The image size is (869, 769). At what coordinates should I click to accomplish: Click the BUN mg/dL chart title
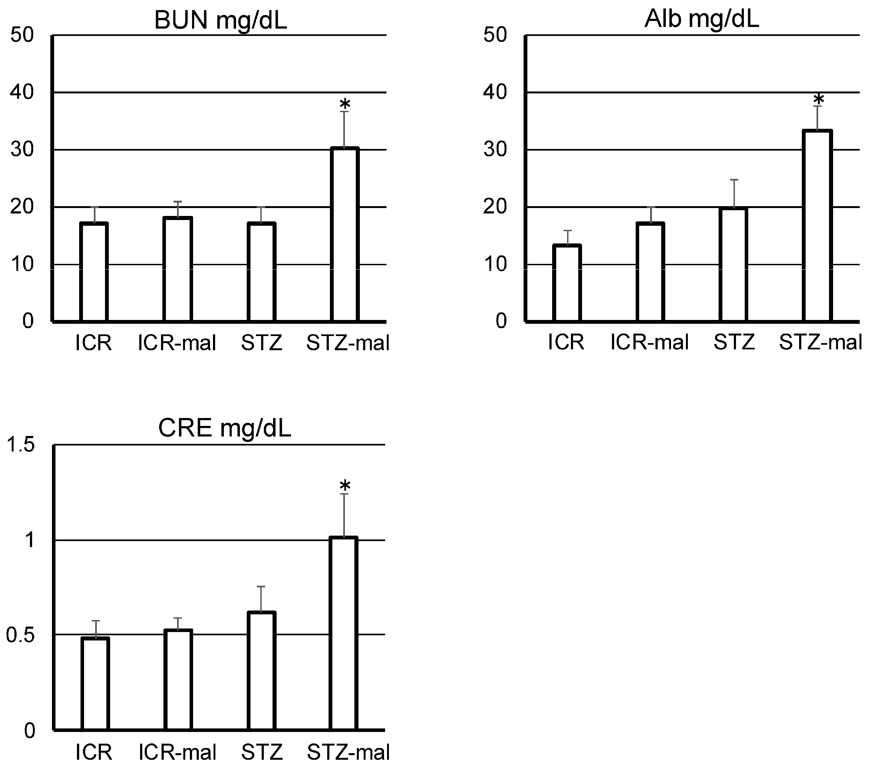click(x=220, y=20)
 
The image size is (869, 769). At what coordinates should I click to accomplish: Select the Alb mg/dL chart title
click(x=701, y=19)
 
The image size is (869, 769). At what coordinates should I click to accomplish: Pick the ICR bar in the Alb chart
click(x=567, y=283)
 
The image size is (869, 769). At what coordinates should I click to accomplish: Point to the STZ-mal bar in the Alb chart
click(x=817, y=225)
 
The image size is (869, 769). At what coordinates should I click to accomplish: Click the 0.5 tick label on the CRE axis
click(x=20, y=635)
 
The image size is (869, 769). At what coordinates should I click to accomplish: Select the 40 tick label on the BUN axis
click(x=22, y=92)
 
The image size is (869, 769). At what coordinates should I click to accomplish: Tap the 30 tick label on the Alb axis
click(x=495, y=150)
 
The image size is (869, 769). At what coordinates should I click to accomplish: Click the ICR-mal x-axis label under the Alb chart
click(x=649, y=343)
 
